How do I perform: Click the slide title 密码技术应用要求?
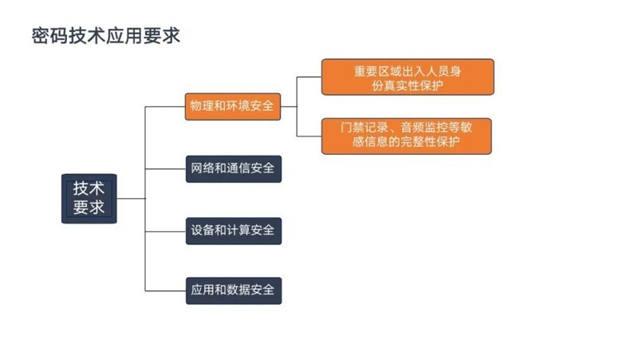click(x=106, y=36)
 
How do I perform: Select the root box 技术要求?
click(x=89, y=199)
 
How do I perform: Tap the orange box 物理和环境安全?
click(x=233, y=106)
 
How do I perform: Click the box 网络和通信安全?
click(x=234, y=168)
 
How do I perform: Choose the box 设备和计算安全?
click(x=234, y=231)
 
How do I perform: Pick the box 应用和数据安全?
click(x=234, y=291)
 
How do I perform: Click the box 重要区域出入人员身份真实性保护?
click(x=408, y=77)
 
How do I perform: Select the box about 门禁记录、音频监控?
click(x=406, y=136)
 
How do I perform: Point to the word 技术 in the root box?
click(x=89, y=188)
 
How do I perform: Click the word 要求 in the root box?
click(x=89, y=207)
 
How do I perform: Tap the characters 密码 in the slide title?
click(x=50, y=36)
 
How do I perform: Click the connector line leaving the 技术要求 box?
click(x=131, y=199)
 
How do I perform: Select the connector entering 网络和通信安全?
click(x=165, y=168)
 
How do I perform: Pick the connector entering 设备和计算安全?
click(x=165, y=231)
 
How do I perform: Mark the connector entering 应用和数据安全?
click(x=165, y=291)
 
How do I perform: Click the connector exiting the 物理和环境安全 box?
click(x=289, y=106)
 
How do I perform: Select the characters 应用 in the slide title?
click(x=124, y=36)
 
